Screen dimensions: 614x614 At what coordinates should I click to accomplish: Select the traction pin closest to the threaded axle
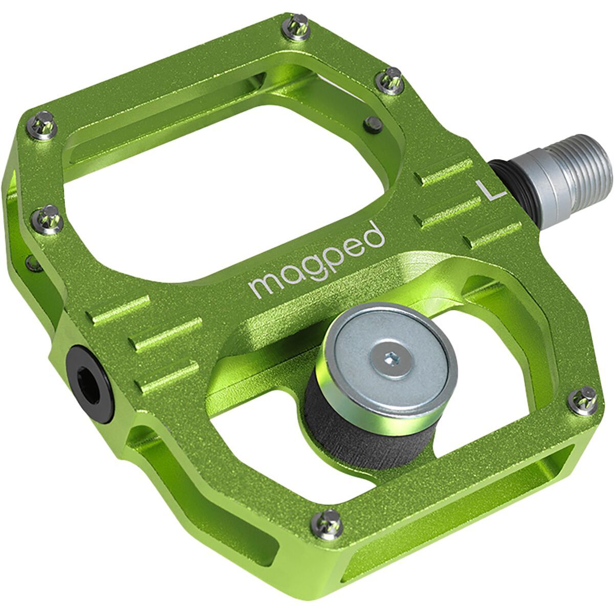click(390, 81)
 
